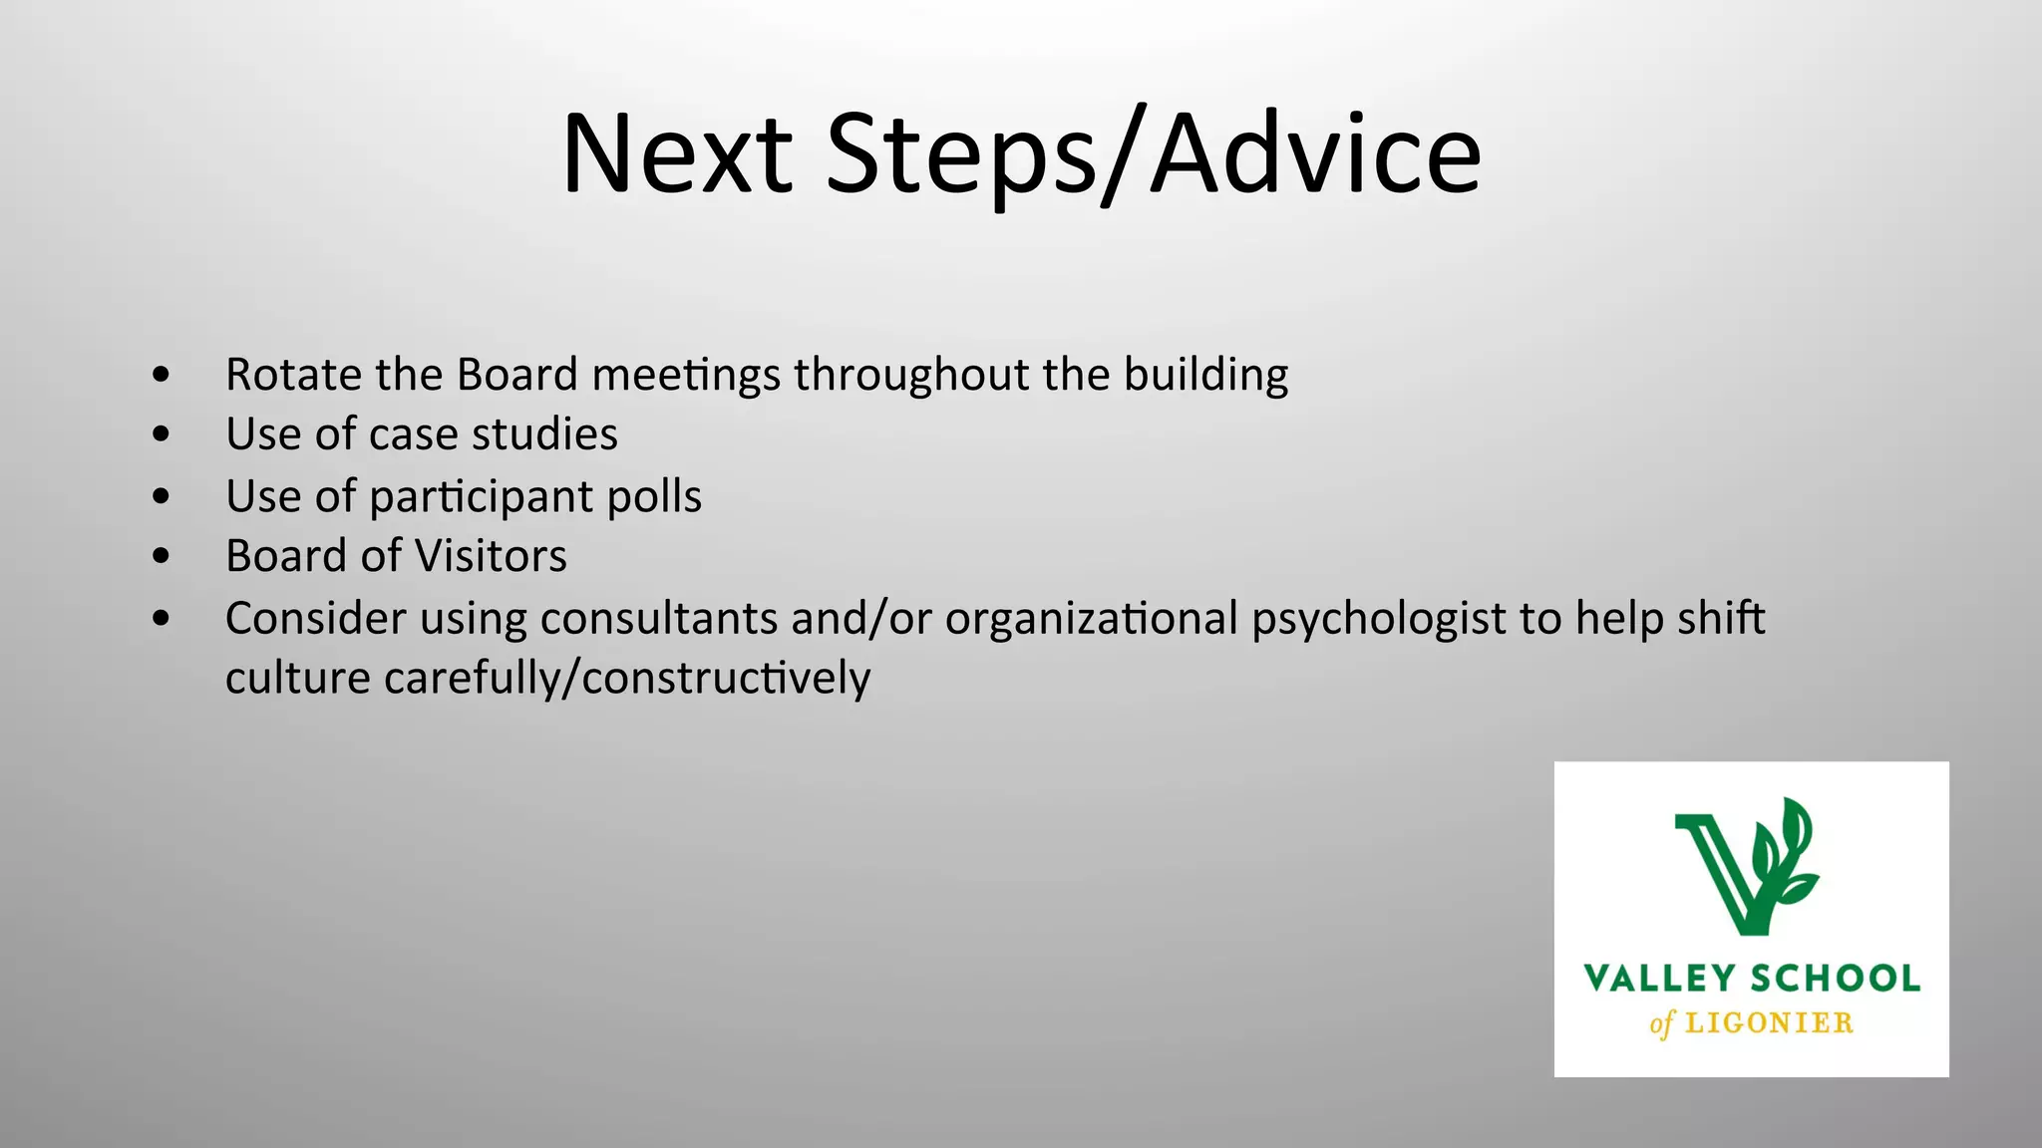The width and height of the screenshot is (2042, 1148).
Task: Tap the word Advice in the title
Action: click(1316, 154)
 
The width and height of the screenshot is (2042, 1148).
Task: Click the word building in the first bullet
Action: click(1205, 376)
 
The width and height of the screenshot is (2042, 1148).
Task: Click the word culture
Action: click(298, 678)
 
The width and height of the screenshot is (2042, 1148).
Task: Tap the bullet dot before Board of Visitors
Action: click(162, 556)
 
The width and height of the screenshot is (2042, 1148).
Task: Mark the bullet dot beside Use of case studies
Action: click(162, 434)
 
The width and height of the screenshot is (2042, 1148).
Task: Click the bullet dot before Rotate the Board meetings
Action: click(162, 376)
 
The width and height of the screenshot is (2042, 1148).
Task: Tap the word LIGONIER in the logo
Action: click(1769, 1023)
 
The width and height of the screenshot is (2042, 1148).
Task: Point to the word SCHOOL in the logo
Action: click(1836, 979)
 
